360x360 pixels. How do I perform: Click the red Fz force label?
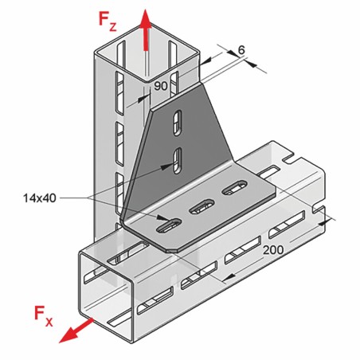[x=108, y=21]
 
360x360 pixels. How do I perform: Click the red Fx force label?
[x=43, y=316]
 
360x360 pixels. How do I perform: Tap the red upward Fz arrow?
[x=146, y=29]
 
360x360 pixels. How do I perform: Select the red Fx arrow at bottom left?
[x=76, y=331]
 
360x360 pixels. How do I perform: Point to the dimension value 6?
[x=241, y=50]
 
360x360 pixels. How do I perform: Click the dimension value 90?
[x=161, y=86]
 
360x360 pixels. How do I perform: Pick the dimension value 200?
[x=273, y=249]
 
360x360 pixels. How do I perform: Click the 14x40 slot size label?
[x=40, y=198]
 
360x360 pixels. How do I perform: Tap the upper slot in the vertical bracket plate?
[x=178, y=123]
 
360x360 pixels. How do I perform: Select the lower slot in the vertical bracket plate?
[x=178, y=160]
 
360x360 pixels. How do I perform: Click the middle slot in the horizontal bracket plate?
[x=202, y=206]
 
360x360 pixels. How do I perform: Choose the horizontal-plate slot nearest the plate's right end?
[x=234, y=187]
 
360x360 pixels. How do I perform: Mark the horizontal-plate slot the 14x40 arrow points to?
[x=168, y=226]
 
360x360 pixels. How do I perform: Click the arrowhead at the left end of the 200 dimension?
[x=229, y=278]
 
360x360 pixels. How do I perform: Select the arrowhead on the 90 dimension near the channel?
[x=143, y=99]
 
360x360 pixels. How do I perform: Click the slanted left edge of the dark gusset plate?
[x=135, y=165]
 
